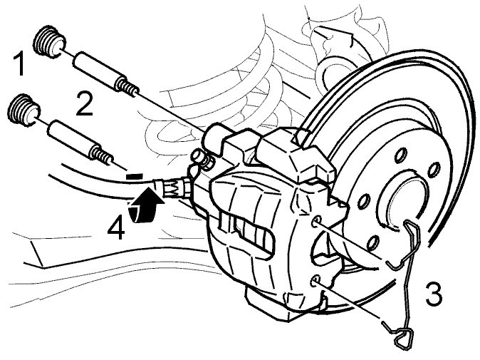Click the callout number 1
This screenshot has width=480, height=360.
pos(20,63)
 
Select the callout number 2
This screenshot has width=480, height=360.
pos(84,105)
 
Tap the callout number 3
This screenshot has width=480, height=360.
pos(434,294)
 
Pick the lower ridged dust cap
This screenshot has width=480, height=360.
pos(24,110)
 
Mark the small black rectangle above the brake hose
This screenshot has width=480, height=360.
pos(135,176)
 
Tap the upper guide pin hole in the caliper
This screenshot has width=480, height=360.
pos(316,222)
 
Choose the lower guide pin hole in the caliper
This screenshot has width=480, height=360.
pos(316,282)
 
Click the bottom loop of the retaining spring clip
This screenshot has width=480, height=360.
pos(402,336)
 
